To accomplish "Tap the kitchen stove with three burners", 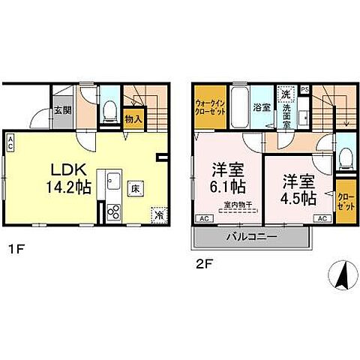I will (115, 211).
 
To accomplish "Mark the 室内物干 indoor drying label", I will (236, 204).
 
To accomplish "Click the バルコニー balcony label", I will (252, 236).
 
